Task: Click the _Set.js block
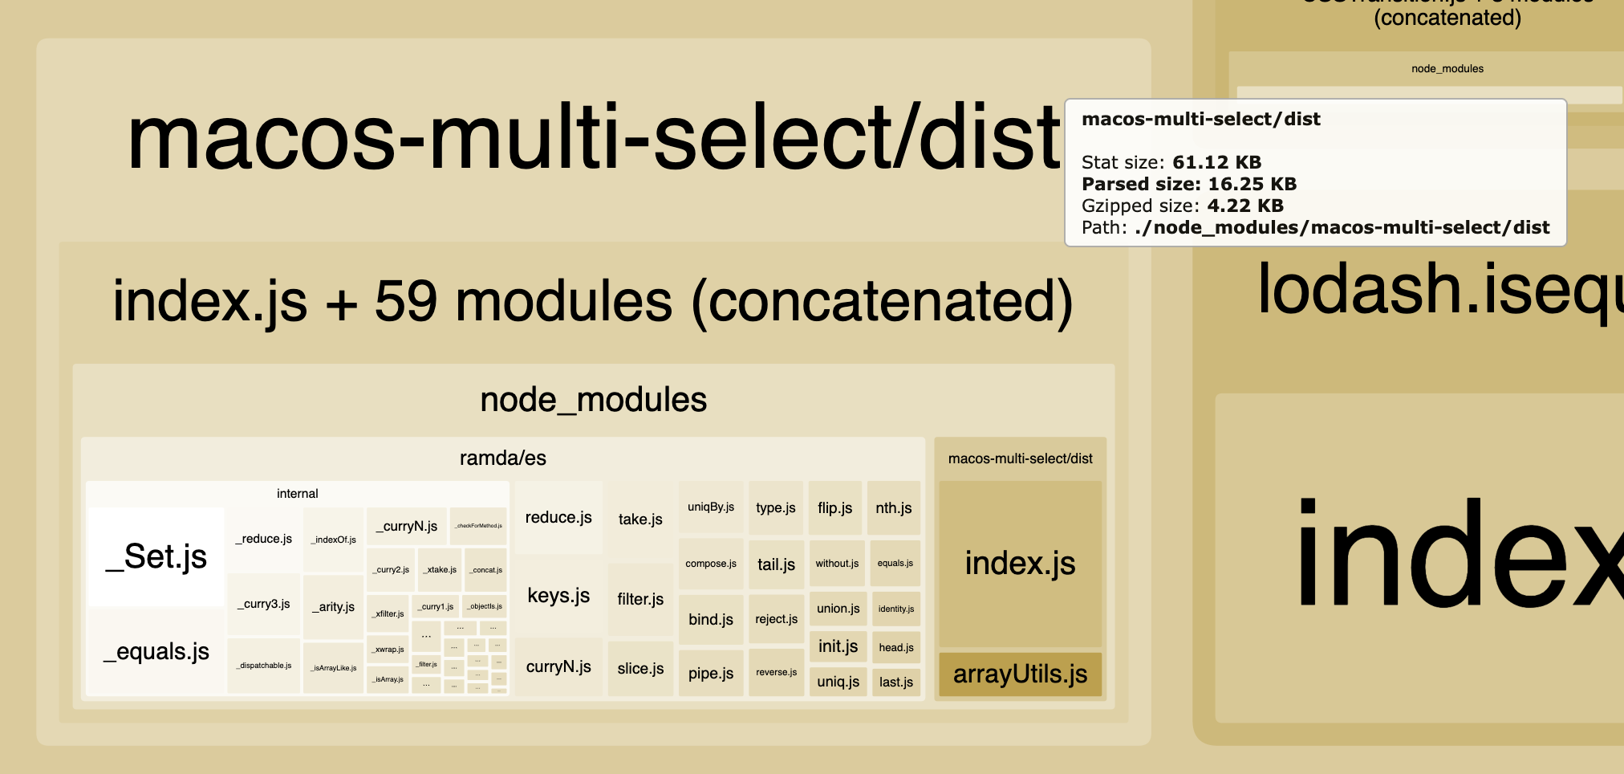coord(156,556)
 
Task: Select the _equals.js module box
coord(156,651)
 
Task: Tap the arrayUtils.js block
coord(1020,674)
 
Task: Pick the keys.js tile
coord(558,596)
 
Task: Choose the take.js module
coord(640,519)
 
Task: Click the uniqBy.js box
coord(711,507)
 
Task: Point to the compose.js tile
coord(711,564)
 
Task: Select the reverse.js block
coord(776,673)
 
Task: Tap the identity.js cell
coord(895,609)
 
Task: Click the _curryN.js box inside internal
coord(407,527)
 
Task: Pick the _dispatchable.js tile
coord(264,666)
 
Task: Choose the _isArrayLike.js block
coord(334,667)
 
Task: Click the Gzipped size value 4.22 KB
coord(1245,206)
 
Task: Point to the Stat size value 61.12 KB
coord(1216,163)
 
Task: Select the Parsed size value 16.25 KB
coord(1252,185)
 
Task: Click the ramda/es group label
coord(502,458)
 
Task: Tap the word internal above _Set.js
coord(297,494)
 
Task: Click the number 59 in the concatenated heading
coord(406,302)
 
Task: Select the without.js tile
coord(837,564)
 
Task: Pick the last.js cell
coord(895,682)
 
